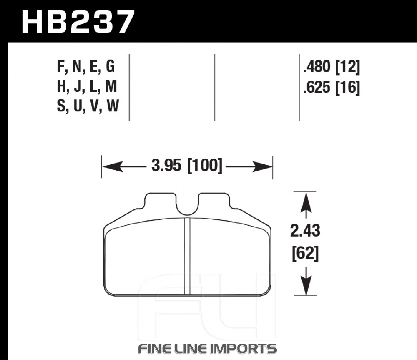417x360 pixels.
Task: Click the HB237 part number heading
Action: pos(78,22)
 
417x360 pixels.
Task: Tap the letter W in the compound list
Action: pos(113,106)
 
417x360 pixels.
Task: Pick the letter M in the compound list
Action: pos(111,86)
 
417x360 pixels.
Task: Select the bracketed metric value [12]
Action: pos(348,67)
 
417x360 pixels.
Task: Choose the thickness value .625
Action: pos(317,87)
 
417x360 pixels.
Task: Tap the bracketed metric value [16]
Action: pos(348,87)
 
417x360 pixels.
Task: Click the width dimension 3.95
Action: pos(166,165)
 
